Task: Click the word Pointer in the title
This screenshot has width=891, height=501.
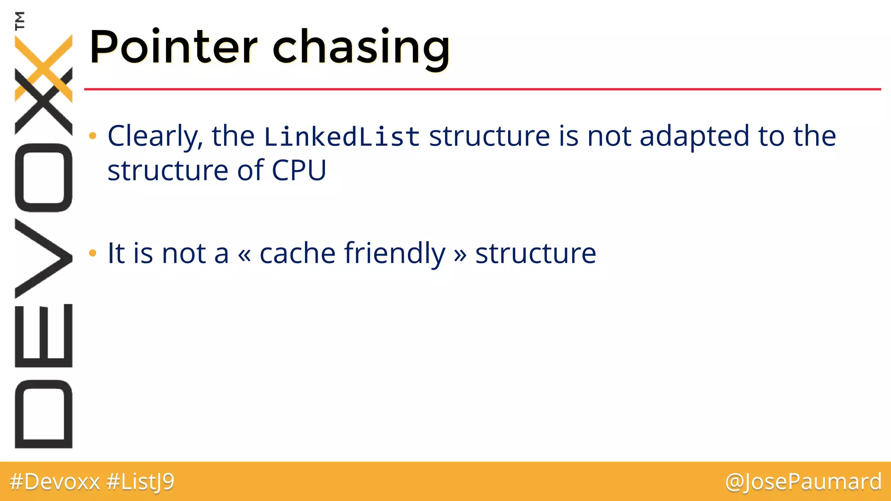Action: [x=173, y=47]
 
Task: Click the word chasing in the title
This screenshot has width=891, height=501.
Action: [x=361, y=48]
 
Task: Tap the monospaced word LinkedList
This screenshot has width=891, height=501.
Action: [x=342, y=137]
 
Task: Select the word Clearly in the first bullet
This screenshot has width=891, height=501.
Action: [x=155, y=137]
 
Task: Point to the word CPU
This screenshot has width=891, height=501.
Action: [x=299, y=170]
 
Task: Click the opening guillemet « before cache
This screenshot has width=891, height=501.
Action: [x=245, y=254]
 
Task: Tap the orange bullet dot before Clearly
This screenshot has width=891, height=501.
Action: [x=92, y=136]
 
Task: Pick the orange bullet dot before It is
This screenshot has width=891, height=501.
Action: [x=92, y=253]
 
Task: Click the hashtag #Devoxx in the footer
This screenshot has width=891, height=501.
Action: [x=55, y=482]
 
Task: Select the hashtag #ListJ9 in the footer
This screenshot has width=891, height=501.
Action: [x=140, y=482]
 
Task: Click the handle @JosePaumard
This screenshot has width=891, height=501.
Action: [x=803, y=482]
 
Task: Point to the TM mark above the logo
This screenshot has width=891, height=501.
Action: [x=20, y=20]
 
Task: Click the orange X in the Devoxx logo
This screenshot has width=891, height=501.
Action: [x=44, y=67]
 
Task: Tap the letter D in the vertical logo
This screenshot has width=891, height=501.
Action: [x=44, y=414]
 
